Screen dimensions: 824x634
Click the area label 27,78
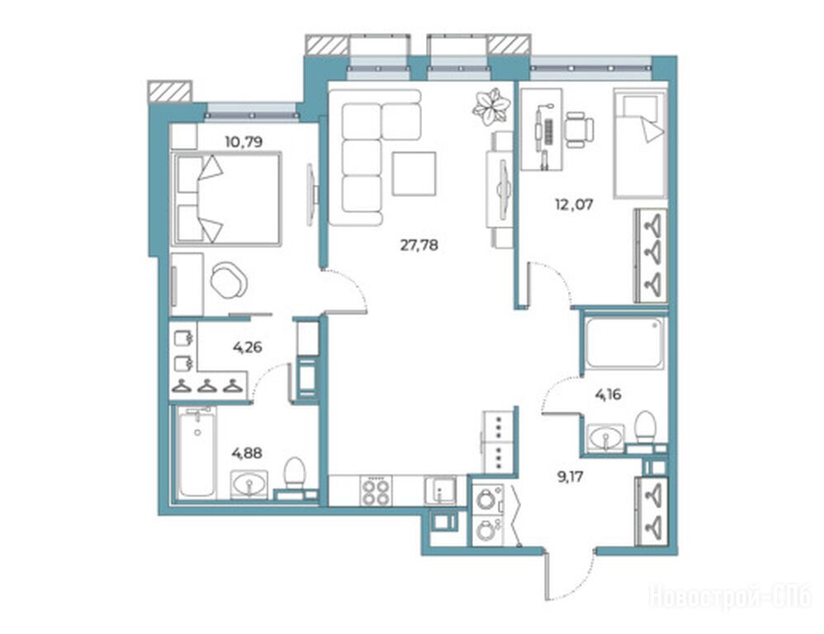click(x=419, y=245)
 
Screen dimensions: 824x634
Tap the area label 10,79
click(x=244, y=142)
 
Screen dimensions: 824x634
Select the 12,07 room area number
click(x=574, y=204)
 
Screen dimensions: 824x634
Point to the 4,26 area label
click(x=247, y=348)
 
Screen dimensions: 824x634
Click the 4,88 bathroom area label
click(x=247, y=452)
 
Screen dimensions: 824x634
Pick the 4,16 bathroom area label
click(x=608, y=394)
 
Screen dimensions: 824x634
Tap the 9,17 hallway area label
click(x=571, y=477)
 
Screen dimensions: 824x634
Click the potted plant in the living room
click(x=490, y=107)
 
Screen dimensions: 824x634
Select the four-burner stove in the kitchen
click(x=377, y=491)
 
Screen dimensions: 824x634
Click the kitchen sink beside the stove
click(x=441, y=491)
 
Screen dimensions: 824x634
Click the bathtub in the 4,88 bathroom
click(x=197, y=452)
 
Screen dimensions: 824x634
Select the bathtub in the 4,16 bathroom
click(x=624, y=342)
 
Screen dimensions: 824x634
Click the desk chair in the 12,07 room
click(x=580, y=129)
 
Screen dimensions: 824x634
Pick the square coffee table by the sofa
click(x=414, y=173)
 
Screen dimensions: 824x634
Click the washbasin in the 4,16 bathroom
click(x=606, y=437)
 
